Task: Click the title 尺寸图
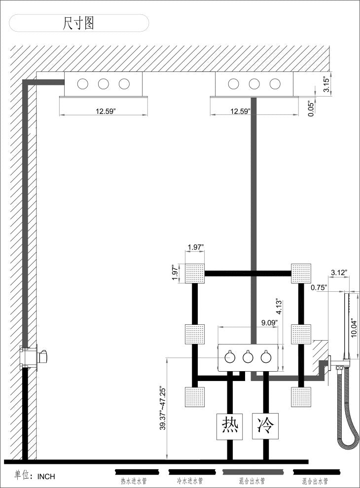click(78, 23)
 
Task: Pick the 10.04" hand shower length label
click(354, 328)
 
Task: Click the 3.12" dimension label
click(339, 273)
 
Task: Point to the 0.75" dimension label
click(319, 287)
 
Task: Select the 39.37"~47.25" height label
click(162, 408)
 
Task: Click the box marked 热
click(230, 426)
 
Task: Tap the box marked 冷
click(265, 426)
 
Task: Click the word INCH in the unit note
click(46, 477)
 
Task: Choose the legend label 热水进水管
click(134, 481)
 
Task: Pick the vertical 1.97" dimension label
click(176, 273)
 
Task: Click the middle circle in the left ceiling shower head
click(104, 84)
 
